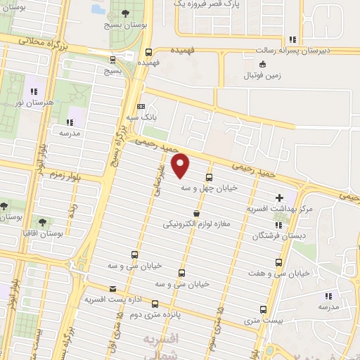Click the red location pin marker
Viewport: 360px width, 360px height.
[x=181, y=165]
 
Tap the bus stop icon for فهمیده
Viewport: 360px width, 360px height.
[x=148, y=51]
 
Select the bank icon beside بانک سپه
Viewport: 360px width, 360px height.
[x=141, y=106]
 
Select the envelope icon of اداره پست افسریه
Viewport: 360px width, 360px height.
[x=113, y=288]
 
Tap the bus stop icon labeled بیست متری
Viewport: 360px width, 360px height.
[x=263, y=309]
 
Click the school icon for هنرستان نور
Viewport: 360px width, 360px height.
[x=32, y=91]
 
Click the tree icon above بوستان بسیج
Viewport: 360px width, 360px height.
[x=126, y=13]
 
